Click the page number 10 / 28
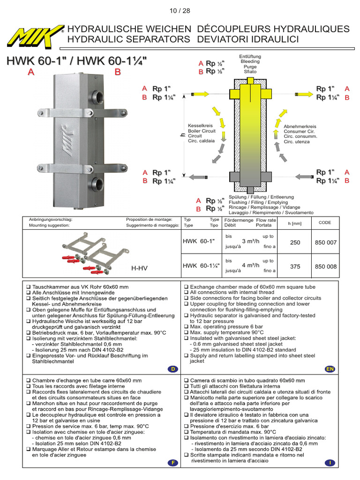[x=180, y=10]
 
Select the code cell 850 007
[x=325, y=242]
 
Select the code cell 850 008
[x=325, y=266]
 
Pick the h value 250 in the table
[x=295, y=242]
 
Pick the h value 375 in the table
[x=295, y=266]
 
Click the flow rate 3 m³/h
[x=250, y=241]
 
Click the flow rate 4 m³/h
[x=250, y=265]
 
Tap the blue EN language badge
[x=330, y=369]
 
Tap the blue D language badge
[x=173, y=369]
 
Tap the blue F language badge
[x=173, y=463]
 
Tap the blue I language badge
[x=330, y=463]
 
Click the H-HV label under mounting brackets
[x=139, y=268]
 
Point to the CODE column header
[x=325, y=223]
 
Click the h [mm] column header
[x=295, y=223]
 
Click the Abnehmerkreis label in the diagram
[x=300, y=127]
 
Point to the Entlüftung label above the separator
[x=250, y=56]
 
